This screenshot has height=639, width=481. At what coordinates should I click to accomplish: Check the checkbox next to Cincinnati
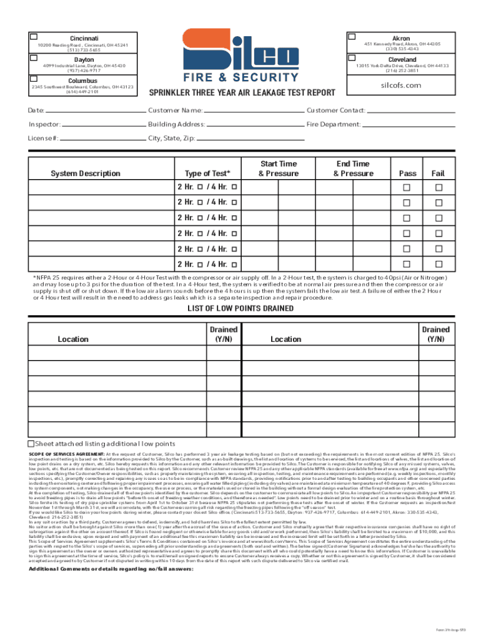[x=35, y=37]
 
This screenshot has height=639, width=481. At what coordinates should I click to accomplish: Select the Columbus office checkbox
[x=35, y=79]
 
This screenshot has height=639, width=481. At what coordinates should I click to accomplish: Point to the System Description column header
[x=86, y=173]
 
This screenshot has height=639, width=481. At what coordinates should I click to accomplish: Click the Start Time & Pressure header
[x=279, y=168]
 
